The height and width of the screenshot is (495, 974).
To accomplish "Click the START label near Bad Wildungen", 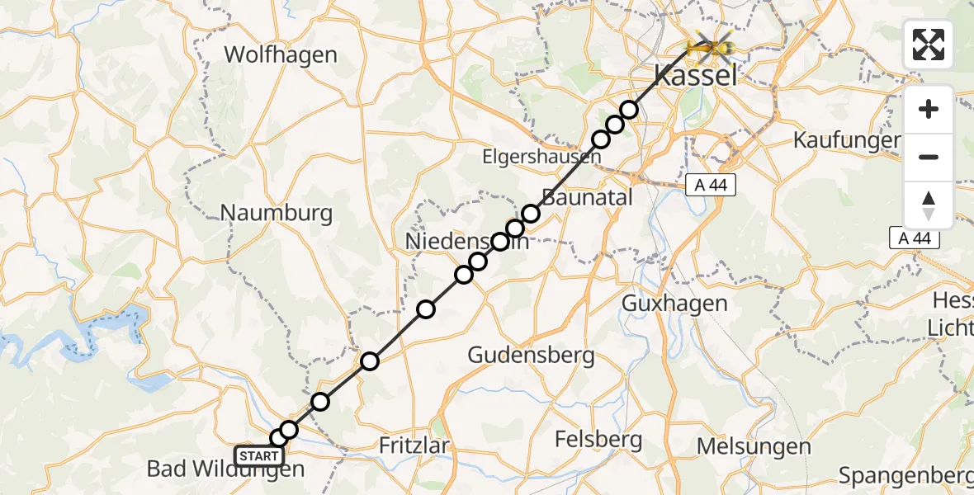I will (259, 456).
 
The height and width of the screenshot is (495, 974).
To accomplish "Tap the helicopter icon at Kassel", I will (711, 49).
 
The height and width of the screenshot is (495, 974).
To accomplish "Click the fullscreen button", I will (929, 45).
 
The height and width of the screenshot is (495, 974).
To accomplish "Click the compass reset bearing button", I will (929, 205).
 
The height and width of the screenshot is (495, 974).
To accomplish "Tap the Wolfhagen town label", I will (281, 55).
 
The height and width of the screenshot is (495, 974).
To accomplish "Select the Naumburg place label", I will (277, 213).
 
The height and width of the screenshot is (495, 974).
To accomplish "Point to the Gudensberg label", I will (531, 356).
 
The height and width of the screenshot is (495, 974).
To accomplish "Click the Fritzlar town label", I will (414, 445).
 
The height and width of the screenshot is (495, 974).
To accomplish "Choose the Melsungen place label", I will (742, 446).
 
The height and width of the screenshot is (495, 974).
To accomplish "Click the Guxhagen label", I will (674, 303).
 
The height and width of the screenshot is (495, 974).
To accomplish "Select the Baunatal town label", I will (587, 197).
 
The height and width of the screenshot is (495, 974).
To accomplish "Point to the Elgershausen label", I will (541, 156).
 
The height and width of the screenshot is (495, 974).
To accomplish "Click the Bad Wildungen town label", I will (225, 469).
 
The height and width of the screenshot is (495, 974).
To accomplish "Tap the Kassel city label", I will (695, 78).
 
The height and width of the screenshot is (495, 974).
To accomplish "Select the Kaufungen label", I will (846, 139).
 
